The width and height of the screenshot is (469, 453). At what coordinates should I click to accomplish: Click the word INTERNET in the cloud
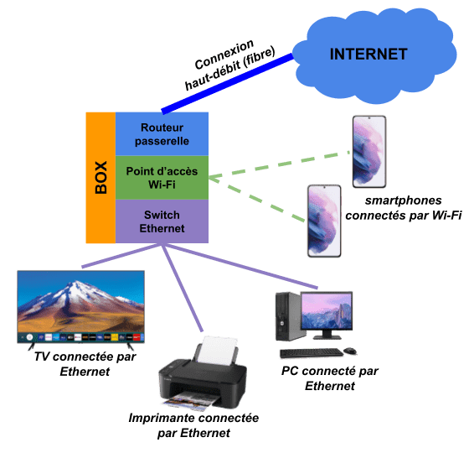(368, 55)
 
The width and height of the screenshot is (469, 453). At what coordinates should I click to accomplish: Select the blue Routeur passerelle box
(162, 134)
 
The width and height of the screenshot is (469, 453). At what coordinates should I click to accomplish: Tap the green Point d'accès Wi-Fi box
(162, 178)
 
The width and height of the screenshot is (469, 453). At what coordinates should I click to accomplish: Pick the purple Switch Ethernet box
(162, 221)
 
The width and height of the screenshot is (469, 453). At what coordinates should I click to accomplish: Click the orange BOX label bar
(100, 178)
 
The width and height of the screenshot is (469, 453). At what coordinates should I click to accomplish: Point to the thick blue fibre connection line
(227, 84)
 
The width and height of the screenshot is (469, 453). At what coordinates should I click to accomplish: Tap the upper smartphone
(369, 152)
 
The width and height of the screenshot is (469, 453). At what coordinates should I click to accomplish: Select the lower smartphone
(324, 221)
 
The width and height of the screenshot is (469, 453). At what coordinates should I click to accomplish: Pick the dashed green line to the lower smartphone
(257, 200)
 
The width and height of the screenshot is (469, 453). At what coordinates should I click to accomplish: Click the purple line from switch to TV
(120, 256)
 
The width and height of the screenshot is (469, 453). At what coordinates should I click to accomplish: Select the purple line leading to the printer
(183, 289)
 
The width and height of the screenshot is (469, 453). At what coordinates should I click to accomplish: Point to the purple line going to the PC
(241, 267)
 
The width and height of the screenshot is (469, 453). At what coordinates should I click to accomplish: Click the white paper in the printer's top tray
(217, 351)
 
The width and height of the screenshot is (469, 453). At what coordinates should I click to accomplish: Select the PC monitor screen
(327, 311)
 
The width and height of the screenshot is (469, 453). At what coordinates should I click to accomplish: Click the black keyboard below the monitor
(312, 353)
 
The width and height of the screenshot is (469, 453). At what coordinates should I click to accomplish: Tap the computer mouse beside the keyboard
(350, 351)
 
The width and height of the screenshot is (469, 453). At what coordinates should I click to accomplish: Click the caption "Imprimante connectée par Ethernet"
(193, 425)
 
